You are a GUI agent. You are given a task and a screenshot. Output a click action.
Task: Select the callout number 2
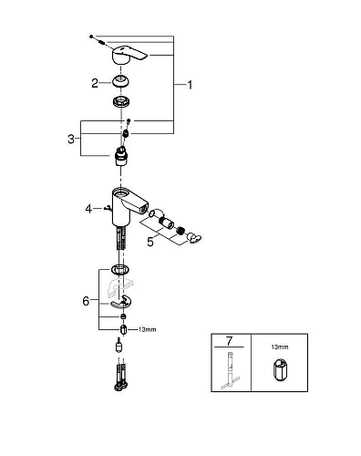pos(94,83)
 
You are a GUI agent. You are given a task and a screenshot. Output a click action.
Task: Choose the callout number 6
pos(86,300)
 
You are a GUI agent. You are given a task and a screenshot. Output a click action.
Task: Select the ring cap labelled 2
pos(121,83)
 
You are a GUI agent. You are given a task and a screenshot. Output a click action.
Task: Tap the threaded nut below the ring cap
pos(121,102)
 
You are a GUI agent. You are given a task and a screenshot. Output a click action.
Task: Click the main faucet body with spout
pos(128,203)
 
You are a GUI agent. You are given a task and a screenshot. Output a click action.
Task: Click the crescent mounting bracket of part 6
pos(121,295)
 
